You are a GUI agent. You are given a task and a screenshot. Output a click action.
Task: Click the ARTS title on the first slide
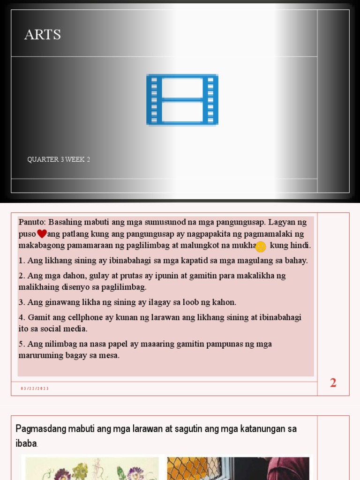43,35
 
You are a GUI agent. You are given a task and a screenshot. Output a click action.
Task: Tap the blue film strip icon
182,99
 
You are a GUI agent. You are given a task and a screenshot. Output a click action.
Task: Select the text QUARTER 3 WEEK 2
59,159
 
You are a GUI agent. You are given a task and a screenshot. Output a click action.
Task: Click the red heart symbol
42,233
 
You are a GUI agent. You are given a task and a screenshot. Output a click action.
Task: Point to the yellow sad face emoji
261,246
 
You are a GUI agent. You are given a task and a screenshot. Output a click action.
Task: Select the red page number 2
333,383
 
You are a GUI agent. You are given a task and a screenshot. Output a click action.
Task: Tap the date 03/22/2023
35,389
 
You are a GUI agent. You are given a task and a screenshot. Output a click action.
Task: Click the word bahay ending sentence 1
295,261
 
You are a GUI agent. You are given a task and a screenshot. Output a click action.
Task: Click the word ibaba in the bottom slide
26,443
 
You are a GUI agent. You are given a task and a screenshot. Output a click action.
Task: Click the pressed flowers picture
91,468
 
